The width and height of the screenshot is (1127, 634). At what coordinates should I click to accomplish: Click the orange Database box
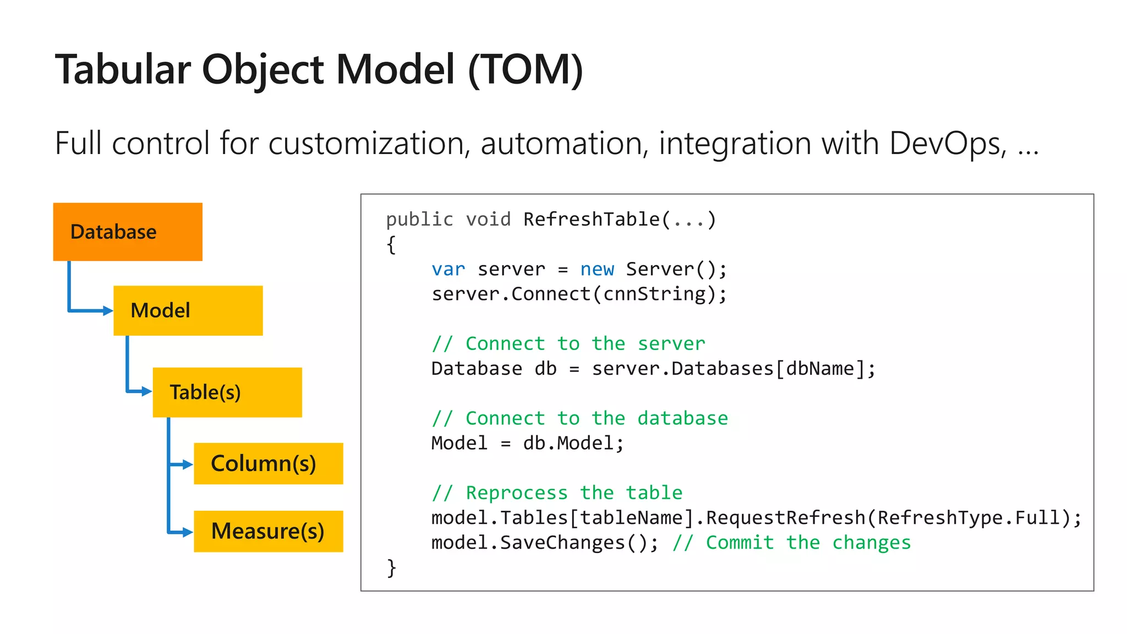pyautogui.click(x=128, y=232)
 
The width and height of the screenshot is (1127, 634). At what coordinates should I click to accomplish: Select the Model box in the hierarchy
pyautogui.click(x=188, y=310)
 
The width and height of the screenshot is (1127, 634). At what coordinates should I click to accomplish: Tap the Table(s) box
pyautogui.click(x=227, y=392)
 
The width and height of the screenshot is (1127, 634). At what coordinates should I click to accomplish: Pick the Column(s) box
pyautogui.click(x=268, y=463)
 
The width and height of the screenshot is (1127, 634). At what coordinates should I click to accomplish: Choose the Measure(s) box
pyautogui.click(x=268, y=531)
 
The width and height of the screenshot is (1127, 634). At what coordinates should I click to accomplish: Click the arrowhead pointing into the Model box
pyautogui.click(x=108, y=311)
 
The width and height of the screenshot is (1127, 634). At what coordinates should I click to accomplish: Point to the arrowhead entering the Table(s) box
pyautogui.click(x=147, y=391)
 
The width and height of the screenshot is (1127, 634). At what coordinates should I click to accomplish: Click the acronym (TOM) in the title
pyautogui.click(x=526, y=70)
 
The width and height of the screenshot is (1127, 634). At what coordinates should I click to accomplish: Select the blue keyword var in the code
pyautogui.click(x=448, y=269)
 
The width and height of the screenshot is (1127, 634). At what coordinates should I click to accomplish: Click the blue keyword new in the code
pyautogui.click(x=597, y=269)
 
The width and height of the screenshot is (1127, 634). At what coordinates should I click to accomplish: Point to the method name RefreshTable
pyautogui.click(x=592, y=219)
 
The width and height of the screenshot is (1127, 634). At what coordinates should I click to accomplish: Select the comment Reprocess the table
pyautogui.click(x=557, y=493)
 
